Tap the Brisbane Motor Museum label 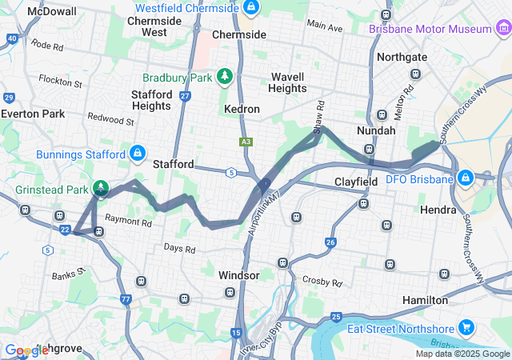click(x=430, y=29)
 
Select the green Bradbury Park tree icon click(x=226, y=77)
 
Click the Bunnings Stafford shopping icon click(x=138, y=153)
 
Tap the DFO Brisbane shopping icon click(x=465, y=177)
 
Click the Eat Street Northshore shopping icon click(x=467, y=328)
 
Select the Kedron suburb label click(x=242, y=108)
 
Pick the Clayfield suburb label click(x=356, y=182)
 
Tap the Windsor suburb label click(x=238, y=275)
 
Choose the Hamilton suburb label click(x=425, y=300)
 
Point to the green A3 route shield click(x=246, y=142)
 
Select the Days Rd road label click(x=179, y=249)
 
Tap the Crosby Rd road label click(x=322, y=282)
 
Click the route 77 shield click(x=126, y=299)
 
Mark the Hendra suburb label click(x=438, y=210)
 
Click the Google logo click(x=27, y=350)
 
